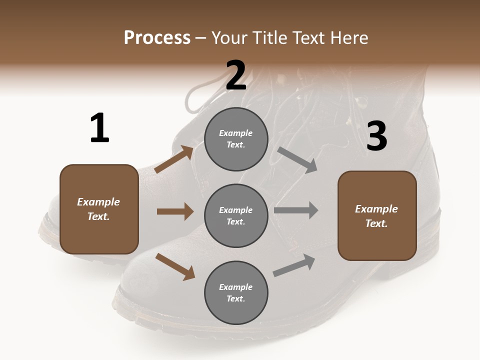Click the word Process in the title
pos(157,37)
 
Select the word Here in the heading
pos(348,37)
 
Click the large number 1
pos(99,128)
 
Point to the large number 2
pos(236,76)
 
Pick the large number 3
pos(376,136)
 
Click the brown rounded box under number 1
pos(99,209)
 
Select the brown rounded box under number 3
pos(377,215)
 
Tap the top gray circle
pos(236,139)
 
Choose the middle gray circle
pos(236,215)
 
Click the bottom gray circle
pos(236,292)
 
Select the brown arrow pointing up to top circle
pos(174,159)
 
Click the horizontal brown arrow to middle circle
pos(175,211)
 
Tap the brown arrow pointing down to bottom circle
pos(175,266)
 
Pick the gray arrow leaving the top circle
pos(297,159)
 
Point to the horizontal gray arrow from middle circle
pos(296,210)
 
